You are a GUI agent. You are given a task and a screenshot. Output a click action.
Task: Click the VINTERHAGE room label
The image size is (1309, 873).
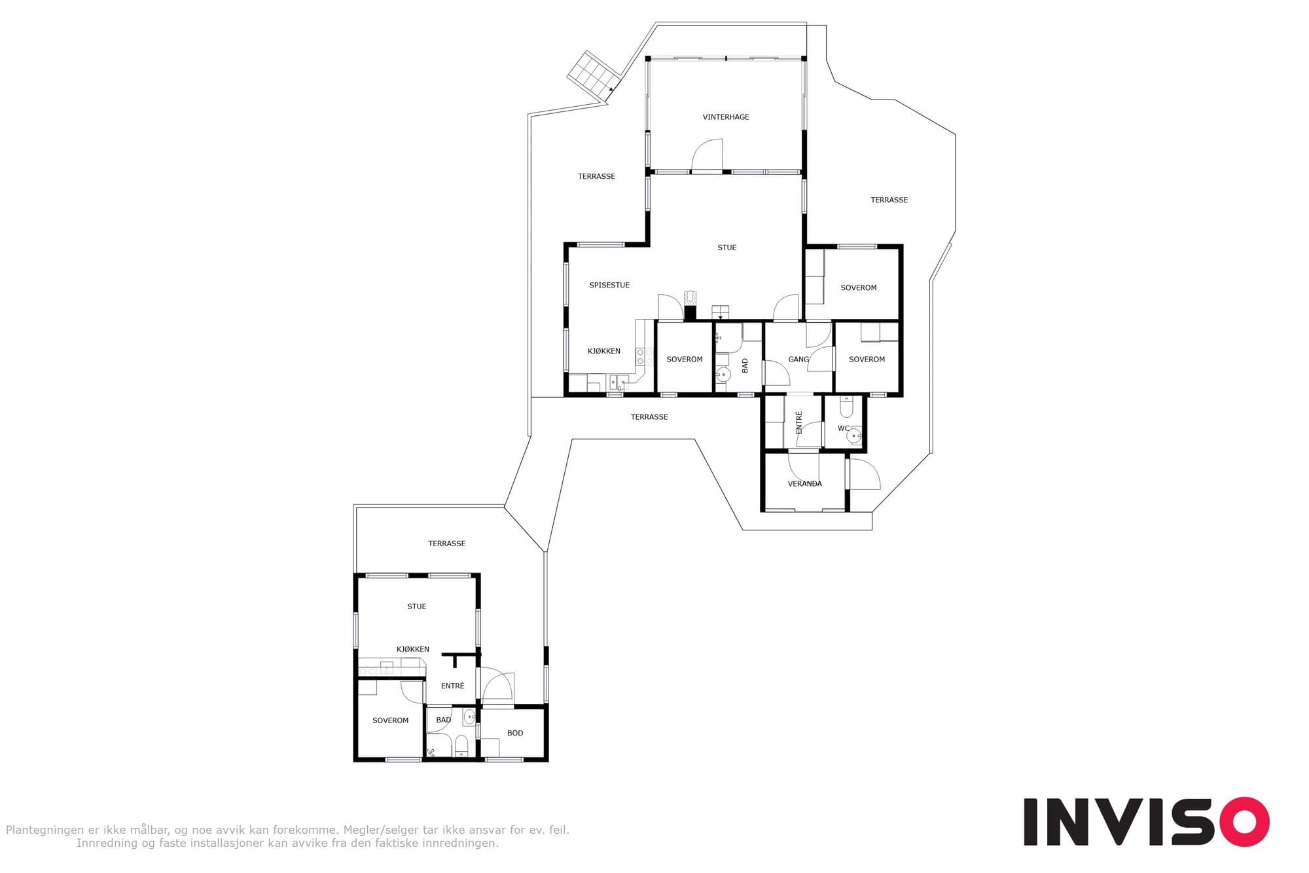[726, 117]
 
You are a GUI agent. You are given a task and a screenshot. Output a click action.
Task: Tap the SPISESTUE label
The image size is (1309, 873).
[609, 286]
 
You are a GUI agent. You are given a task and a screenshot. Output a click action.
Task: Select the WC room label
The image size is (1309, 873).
[844, 429]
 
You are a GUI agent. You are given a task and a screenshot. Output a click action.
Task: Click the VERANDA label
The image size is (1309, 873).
[805, 484]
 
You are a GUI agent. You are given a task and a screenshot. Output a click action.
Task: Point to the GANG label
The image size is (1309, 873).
[798, 360]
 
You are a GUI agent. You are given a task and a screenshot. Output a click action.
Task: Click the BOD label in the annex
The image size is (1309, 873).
[515, 734]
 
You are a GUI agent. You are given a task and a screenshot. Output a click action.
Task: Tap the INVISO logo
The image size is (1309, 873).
[1146, 822]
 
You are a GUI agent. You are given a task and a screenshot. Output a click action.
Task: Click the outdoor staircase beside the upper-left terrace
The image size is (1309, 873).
[594, 76]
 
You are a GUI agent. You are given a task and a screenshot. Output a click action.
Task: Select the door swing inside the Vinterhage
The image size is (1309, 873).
[708, 155]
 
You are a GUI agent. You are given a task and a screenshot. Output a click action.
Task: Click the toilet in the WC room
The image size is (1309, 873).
[846, 407]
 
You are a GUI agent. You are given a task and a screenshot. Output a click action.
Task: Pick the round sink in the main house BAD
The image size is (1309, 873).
[723, 375]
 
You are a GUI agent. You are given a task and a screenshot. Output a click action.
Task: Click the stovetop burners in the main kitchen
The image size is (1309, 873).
[645, 357]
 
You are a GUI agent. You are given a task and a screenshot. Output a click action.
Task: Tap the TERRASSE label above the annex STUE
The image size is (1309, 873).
[447, 544]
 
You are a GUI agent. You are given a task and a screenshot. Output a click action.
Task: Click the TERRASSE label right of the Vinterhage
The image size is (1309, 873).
[889, 200]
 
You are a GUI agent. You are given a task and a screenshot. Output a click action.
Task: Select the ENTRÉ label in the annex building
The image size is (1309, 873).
[452, 686]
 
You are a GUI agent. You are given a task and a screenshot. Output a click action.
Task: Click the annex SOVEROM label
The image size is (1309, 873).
[390, 720]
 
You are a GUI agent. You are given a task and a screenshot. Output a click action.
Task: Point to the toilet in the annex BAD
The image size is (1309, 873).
[461, 746]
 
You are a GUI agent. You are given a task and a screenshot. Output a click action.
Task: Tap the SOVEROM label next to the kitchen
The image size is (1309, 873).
[685, 360]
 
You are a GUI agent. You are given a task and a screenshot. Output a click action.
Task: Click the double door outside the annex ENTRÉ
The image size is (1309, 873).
[497, 686]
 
